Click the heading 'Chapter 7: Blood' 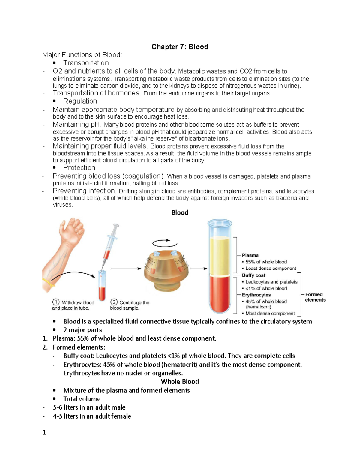pos(180,47)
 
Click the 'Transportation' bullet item pos(86,63)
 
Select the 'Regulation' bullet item pos(80,101)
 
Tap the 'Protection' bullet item pos(79,168)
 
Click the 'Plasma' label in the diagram pos(250,255)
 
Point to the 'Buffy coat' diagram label pos(253,275)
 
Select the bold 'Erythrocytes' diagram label pos(256,295)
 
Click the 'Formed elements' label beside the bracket pos(315,297)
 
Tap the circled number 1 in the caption pos(56,302)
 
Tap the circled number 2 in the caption pos(114,302)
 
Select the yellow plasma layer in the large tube pos(220,255)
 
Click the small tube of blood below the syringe pos(102,287)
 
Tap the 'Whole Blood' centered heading pos(180,382)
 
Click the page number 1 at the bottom pos(44,432)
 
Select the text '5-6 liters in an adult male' pos(89,407)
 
